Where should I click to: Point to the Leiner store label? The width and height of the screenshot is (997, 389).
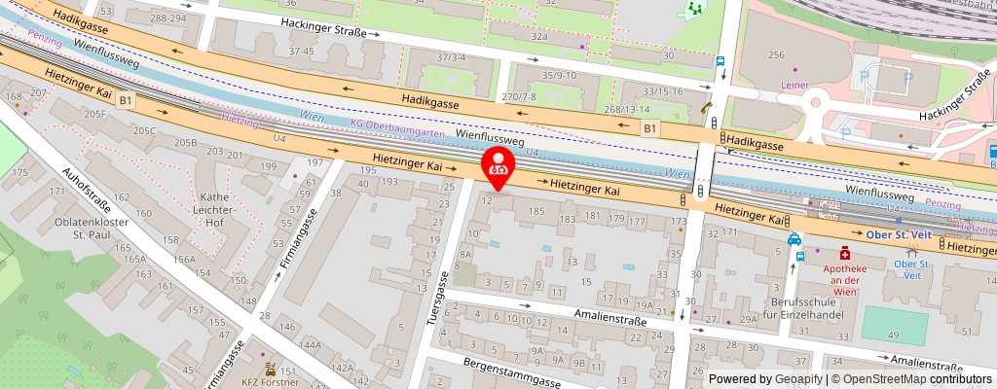coord(794,85)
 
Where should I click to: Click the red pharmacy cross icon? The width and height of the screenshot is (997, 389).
coord(831,251)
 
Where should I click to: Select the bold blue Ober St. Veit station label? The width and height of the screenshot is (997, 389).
coord(898,234)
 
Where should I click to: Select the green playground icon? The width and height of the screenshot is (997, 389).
coord(695,10)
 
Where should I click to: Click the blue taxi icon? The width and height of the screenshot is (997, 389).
coord(794,238)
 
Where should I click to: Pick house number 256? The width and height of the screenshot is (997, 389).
coord(776,55)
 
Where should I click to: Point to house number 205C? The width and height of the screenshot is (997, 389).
coord(145,130)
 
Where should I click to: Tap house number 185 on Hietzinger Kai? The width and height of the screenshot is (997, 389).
coord(535,210)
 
